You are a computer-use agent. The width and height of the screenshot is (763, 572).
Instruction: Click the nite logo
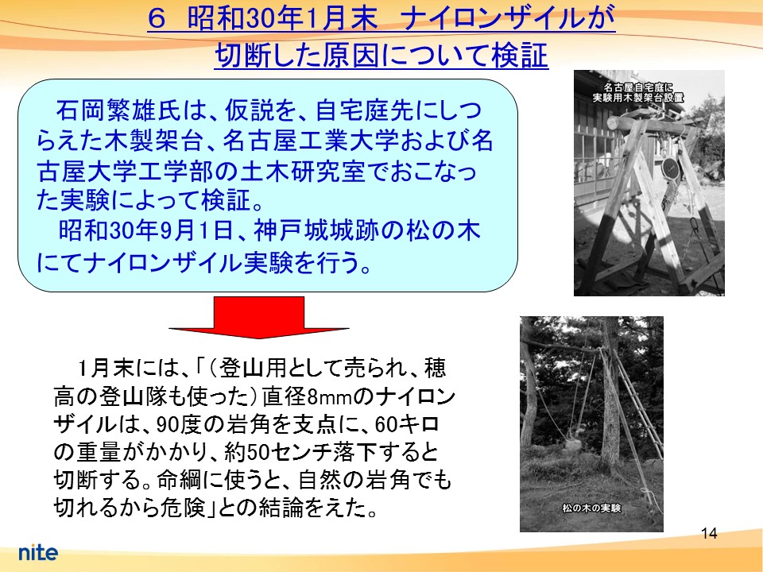pos(38,552)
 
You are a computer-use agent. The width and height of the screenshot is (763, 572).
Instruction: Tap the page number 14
pos(709,534)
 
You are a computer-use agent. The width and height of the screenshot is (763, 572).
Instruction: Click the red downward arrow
pos(259,317)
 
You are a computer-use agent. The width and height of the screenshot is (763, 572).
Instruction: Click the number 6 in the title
pos(157,21)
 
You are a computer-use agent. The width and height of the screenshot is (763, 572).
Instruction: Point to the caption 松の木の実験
pos(591,508)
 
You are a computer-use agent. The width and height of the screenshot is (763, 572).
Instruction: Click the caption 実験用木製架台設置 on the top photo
pos(637,98)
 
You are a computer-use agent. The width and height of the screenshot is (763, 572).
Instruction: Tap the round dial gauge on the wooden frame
pos(671,168)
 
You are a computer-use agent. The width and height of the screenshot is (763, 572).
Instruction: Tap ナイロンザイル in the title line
pos(491,21)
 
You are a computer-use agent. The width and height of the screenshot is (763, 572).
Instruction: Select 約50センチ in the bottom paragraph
pos(279,453)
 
